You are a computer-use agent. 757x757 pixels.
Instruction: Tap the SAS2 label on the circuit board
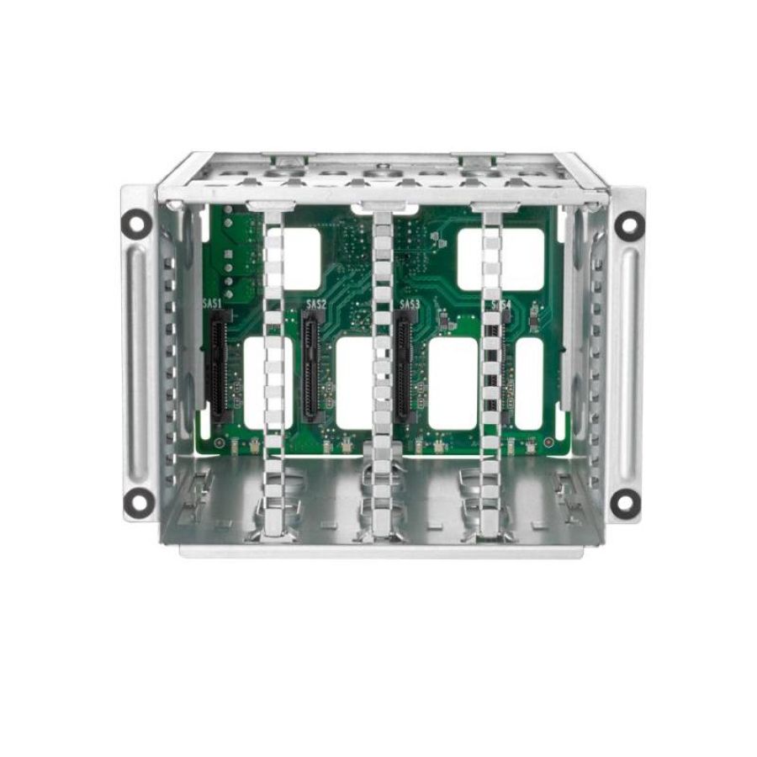(x=315, y=304)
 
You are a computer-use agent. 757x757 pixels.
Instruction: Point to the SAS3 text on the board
(x=410, y=304)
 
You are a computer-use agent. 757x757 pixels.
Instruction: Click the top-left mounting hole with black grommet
(x=137, y=222)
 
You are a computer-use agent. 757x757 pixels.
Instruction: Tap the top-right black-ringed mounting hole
(x=627, y=224)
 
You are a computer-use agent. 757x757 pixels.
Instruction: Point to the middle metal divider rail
(x=382, y=362)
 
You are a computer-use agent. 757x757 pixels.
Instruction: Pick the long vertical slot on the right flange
(x=627, y=362)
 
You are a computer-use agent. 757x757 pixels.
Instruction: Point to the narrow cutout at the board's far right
(x=529, y=384)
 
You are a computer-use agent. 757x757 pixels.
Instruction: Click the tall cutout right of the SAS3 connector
(x=453, y=384)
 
